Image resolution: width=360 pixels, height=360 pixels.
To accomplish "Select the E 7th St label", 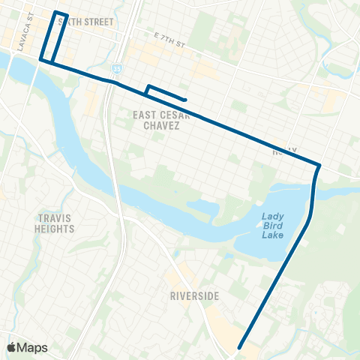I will (169, 37).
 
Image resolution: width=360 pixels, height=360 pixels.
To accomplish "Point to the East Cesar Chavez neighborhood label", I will (158, 120).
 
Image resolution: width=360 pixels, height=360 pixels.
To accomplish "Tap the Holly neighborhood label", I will (285, 151).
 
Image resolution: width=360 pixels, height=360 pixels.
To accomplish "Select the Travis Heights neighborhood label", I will (55, 223).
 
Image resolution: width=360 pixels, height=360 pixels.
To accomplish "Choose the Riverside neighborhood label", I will (193, 296).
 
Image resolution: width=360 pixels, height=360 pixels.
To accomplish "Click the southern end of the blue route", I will (239, 347).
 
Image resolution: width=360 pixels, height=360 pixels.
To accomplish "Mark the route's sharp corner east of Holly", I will (320, 165).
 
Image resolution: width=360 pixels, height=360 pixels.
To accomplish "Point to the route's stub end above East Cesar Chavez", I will (184, 100).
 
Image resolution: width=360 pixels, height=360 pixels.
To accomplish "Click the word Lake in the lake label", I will (273, 235).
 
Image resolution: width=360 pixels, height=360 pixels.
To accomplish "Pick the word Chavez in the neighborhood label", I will (158, 126).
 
